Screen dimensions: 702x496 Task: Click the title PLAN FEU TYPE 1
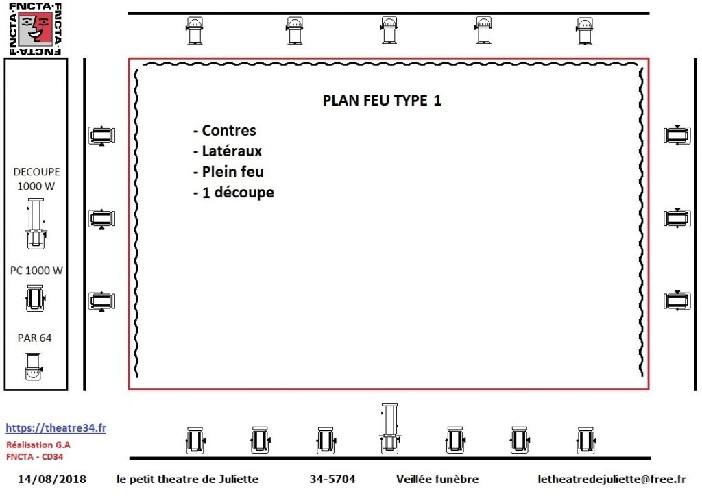coord(382,100)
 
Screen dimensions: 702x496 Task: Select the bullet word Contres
coord(229,130)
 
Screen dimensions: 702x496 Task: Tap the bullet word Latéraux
coord(232,151)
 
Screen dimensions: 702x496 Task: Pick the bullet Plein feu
coord(233,172)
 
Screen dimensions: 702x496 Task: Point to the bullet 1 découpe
coord(238,193)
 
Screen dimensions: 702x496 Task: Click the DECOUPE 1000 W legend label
coord(36,179)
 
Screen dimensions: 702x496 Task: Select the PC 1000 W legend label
coord(36,271)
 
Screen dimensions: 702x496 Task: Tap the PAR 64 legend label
coord(34,338)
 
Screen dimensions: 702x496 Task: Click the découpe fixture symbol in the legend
coord(36,223)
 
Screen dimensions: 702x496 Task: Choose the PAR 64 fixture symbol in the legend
coord(34,367)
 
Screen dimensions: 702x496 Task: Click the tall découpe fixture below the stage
coord(389,428)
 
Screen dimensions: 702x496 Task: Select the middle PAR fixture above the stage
coord(389,30)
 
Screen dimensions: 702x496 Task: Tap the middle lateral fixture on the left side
coord(102,219)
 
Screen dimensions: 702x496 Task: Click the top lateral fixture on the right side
coord(677,135)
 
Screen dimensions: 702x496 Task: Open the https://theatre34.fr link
coord(56,428)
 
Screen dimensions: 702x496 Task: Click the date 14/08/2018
coord(52,479)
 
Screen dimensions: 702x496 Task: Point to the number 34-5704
coord(332,479)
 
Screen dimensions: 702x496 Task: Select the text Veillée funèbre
coord(437,479)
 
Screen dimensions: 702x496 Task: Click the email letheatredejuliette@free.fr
coord(612,479)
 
